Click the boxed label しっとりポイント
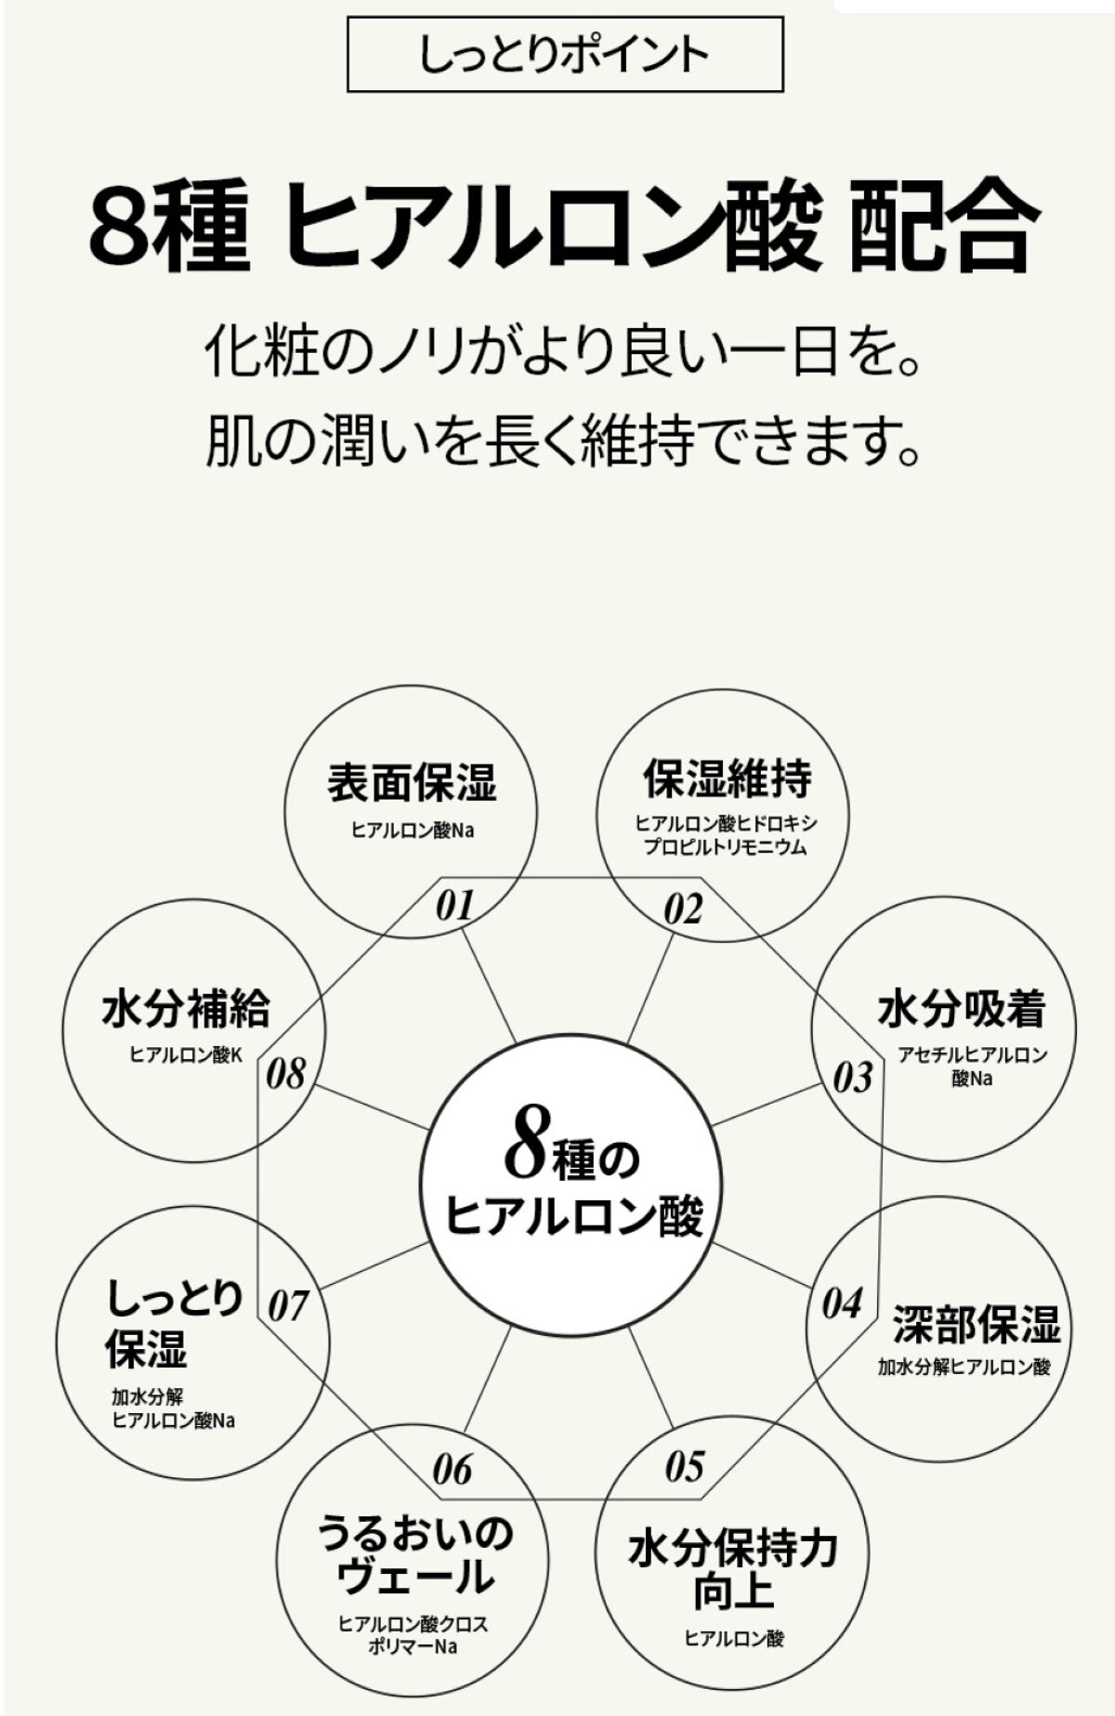click(x=564, y=56)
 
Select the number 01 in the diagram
click(x=455, y=906)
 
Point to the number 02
click(x=683, y=909)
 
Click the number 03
click(x=852, y=1078)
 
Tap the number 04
click(x=842, y=1304)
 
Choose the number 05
click(x=685, y=1467)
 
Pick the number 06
click(x=453, y=1470)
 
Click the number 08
click(x=285, y=1075)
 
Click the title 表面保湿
click(x=412, y=782)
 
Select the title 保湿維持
click(x=728, y=779)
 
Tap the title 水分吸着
click(x=963, y=1010)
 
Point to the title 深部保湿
click(x=977, y=1325)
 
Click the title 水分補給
click(x=186, y=1009)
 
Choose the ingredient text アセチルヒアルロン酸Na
click(x=972, y=1066)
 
